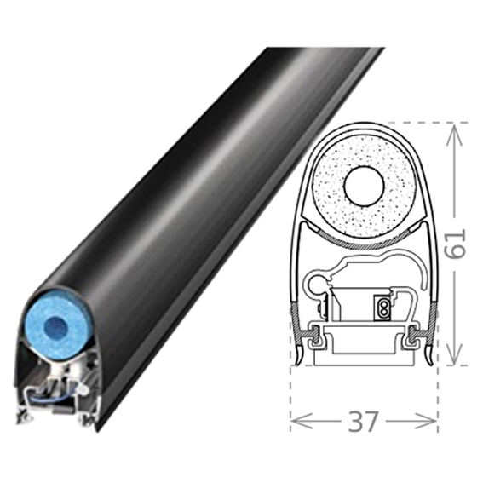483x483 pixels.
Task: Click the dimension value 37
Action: (364, 421)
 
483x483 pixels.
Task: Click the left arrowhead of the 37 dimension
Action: (299, 421)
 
